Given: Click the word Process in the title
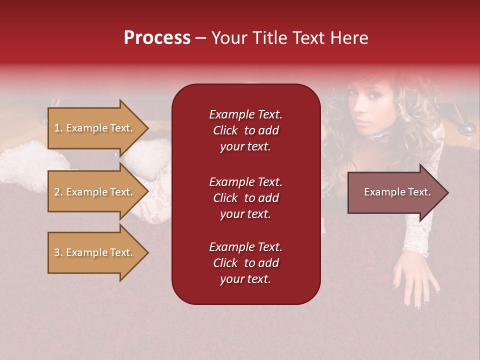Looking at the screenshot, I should click(x=157, y=38).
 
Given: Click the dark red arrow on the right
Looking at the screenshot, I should click(x=395, y=192).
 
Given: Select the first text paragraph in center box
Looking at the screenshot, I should click(x=245, y=130).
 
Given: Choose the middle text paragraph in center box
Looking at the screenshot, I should click(x=245, y=198).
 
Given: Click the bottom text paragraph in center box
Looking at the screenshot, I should click(x=245, y=263).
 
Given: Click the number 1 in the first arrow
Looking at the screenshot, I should click(x=56, y=128).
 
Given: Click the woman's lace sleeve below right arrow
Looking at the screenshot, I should click(x=417, y=235).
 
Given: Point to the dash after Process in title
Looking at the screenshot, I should click(x=200, y=38).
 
